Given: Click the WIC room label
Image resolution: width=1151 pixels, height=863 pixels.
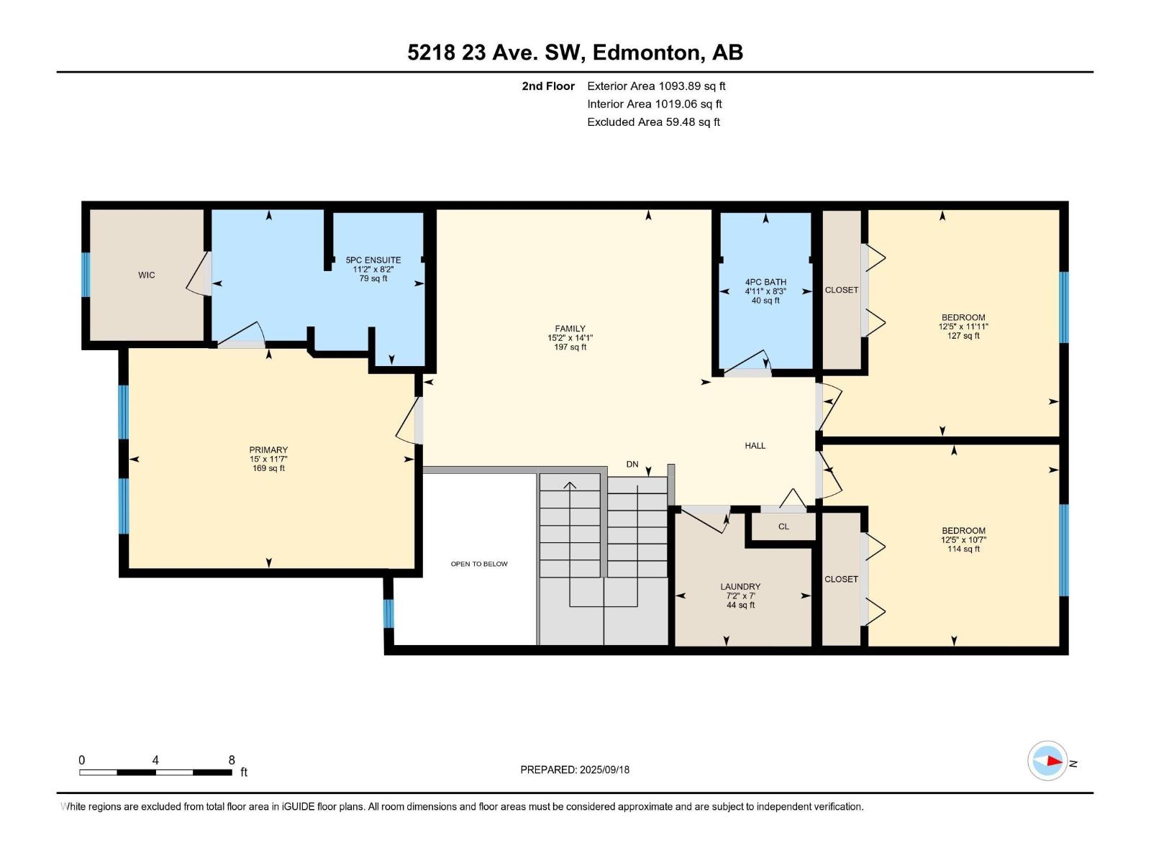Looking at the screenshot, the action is coord(146,275).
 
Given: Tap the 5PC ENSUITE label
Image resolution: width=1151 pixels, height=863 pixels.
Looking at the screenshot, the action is coord(373,260).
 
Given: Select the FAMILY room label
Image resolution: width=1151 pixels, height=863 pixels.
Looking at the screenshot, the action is coord(570,329).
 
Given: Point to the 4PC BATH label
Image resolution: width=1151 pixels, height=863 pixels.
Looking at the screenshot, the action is coord(765,282).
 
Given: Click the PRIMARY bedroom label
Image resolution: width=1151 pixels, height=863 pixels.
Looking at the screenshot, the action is coord(268,449).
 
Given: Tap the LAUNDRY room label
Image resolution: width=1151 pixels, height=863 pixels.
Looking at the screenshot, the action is coord(740,586).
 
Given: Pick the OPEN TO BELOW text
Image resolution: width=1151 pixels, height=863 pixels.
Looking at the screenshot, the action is coord(479,564).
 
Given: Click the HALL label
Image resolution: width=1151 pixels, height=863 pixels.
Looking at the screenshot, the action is coord(755,445).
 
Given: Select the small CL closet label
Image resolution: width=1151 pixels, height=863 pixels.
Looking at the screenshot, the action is coord(783,526).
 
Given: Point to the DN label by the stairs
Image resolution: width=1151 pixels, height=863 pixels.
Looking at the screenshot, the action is coord(632,465).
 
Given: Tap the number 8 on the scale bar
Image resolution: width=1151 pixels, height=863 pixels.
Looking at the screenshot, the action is coord(232,759).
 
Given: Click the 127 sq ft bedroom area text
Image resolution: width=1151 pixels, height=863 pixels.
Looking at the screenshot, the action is coord(963,336).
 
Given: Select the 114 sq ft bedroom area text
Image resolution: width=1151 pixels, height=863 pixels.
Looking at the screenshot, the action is coord(963,549).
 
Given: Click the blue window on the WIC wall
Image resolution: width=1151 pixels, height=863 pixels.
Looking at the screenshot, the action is coord(86,275).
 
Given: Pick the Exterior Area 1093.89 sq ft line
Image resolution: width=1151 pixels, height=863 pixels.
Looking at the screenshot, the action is coord(656,86).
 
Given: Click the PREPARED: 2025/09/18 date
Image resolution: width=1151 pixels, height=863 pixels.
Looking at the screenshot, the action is coord(575,770).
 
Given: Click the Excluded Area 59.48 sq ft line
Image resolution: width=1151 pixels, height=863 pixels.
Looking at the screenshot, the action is coord(653,122).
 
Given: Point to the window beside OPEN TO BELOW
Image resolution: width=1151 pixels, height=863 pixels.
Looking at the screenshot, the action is coord(388,613).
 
